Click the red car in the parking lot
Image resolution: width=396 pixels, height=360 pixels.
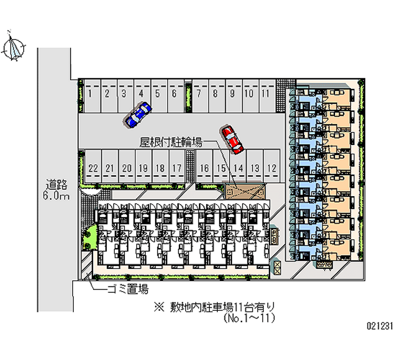tap(232, 139)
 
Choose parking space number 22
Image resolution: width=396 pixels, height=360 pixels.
tap(93, 168)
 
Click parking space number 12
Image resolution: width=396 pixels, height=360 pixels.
tap(271, 168)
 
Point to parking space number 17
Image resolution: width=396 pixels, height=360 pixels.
tap(176, 168)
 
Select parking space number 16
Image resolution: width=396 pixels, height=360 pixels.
tap(204, 168)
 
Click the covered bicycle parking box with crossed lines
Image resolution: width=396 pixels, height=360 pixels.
tap(245, 192)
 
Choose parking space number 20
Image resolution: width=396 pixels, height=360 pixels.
tap(127, 168)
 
